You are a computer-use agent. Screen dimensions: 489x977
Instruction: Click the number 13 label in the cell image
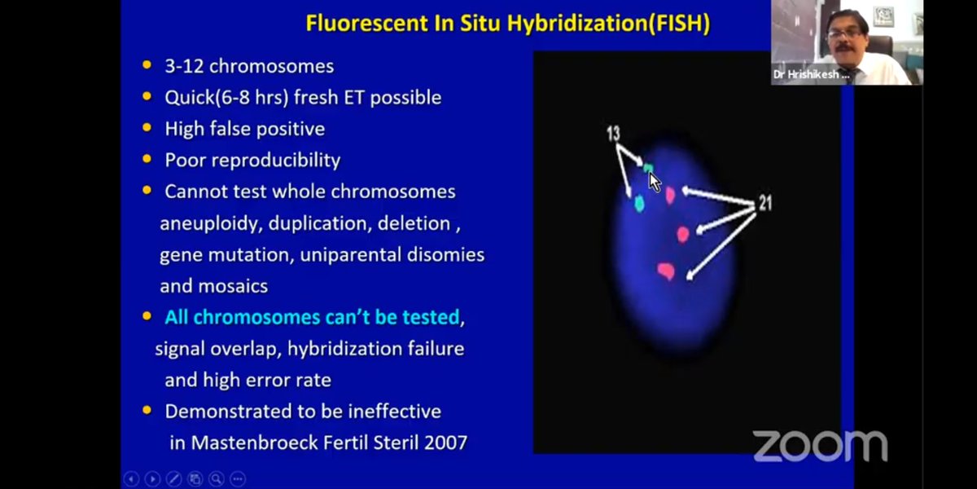[x=613, y=133]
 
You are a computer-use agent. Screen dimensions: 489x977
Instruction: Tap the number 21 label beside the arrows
[x=765, y=203]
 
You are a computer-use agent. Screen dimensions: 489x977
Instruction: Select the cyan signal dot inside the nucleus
[x=639, y=203]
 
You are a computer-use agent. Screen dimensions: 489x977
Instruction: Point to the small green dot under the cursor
[x=648, y=169]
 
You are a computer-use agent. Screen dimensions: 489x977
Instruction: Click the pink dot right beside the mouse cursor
[x=670, y=195]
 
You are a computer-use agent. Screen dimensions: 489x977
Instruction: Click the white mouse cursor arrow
[x=654, y=181]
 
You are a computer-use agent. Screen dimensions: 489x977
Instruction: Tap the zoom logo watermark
[x=819, y=446]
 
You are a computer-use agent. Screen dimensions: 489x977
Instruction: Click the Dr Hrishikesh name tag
[x=811, y=74]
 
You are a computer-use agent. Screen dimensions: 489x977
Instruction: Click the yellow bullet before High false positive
[x=147, y=128]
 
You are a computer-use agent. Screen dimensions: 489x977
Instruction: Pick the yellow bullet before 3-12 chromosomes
[x=147, y=65]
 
